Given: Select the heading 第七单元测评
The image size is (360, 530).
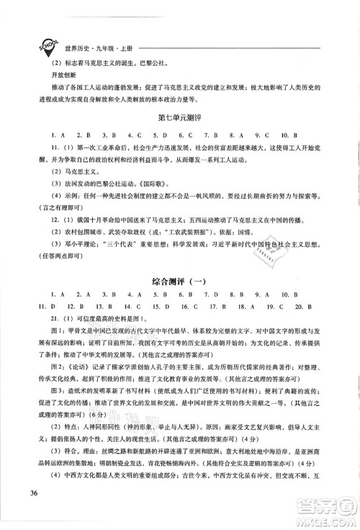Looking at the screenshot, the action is coord(179,116).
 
